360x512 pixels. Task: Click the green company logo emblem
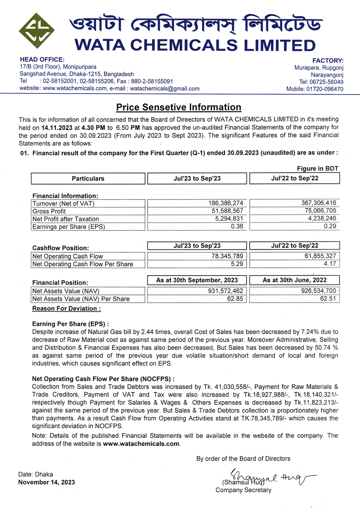coord(37,32)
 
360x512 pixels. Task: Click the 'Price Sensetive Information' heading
coord(179,107)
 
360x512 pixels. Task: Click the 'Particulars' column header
coord(88,178)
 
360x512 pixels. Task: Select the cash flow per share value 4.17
coord(330,264)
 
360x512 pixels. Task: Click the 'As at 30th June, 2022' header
coord(294,280)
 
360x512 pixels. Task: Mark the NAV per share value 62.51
coord(328,299)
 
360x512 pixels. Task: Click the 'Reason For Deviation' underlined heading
coord(67,308)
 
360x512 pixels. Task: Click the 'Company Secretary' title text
coord(243,490)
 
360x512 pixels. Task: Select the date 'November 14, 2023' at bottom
coord(46,482)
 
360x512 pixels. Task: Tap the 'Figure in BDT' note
coord(318,168)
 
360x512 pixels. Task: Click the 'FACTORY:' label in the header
coord(328,60)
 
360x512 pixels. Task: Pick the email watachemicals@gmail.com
coord(165,89)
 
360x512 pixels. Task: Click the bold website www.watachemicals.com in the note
coord(141,444)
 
